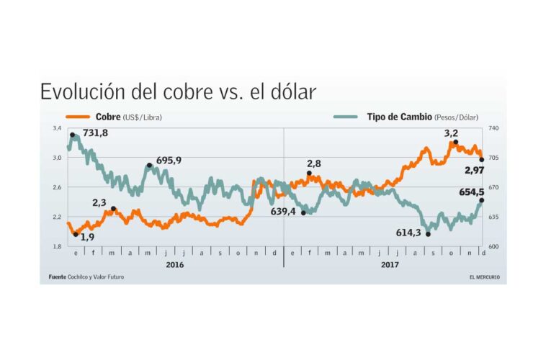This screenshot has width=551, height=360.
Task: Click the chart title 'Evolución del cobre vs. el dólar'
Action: coord(177,92)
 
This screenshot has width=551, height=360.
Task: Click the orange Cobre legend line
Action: coord(79,117)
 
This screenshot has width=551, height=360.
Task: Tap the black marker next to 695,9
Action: coord(149,166)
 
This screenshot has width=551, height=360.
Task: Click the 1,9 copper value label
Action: coord(87,236)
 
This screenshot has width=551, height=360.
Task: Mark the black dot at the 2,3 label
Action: coord(114,209)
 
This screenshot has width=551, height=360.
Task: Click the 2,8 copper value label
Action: coord(314,164)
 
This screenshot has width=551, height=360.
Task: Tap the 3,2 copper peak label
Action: coord(451,133)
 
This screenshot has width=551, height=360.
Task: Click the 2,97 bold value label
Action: coord(473,170)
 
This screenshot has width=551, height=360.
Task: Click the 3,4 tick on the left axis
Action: coord(56,128)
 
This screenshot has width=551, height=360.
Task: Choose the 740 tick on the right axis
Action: coord(493,128)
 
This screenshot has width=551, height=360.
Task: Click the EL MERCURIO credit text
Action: coord(484,277)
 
